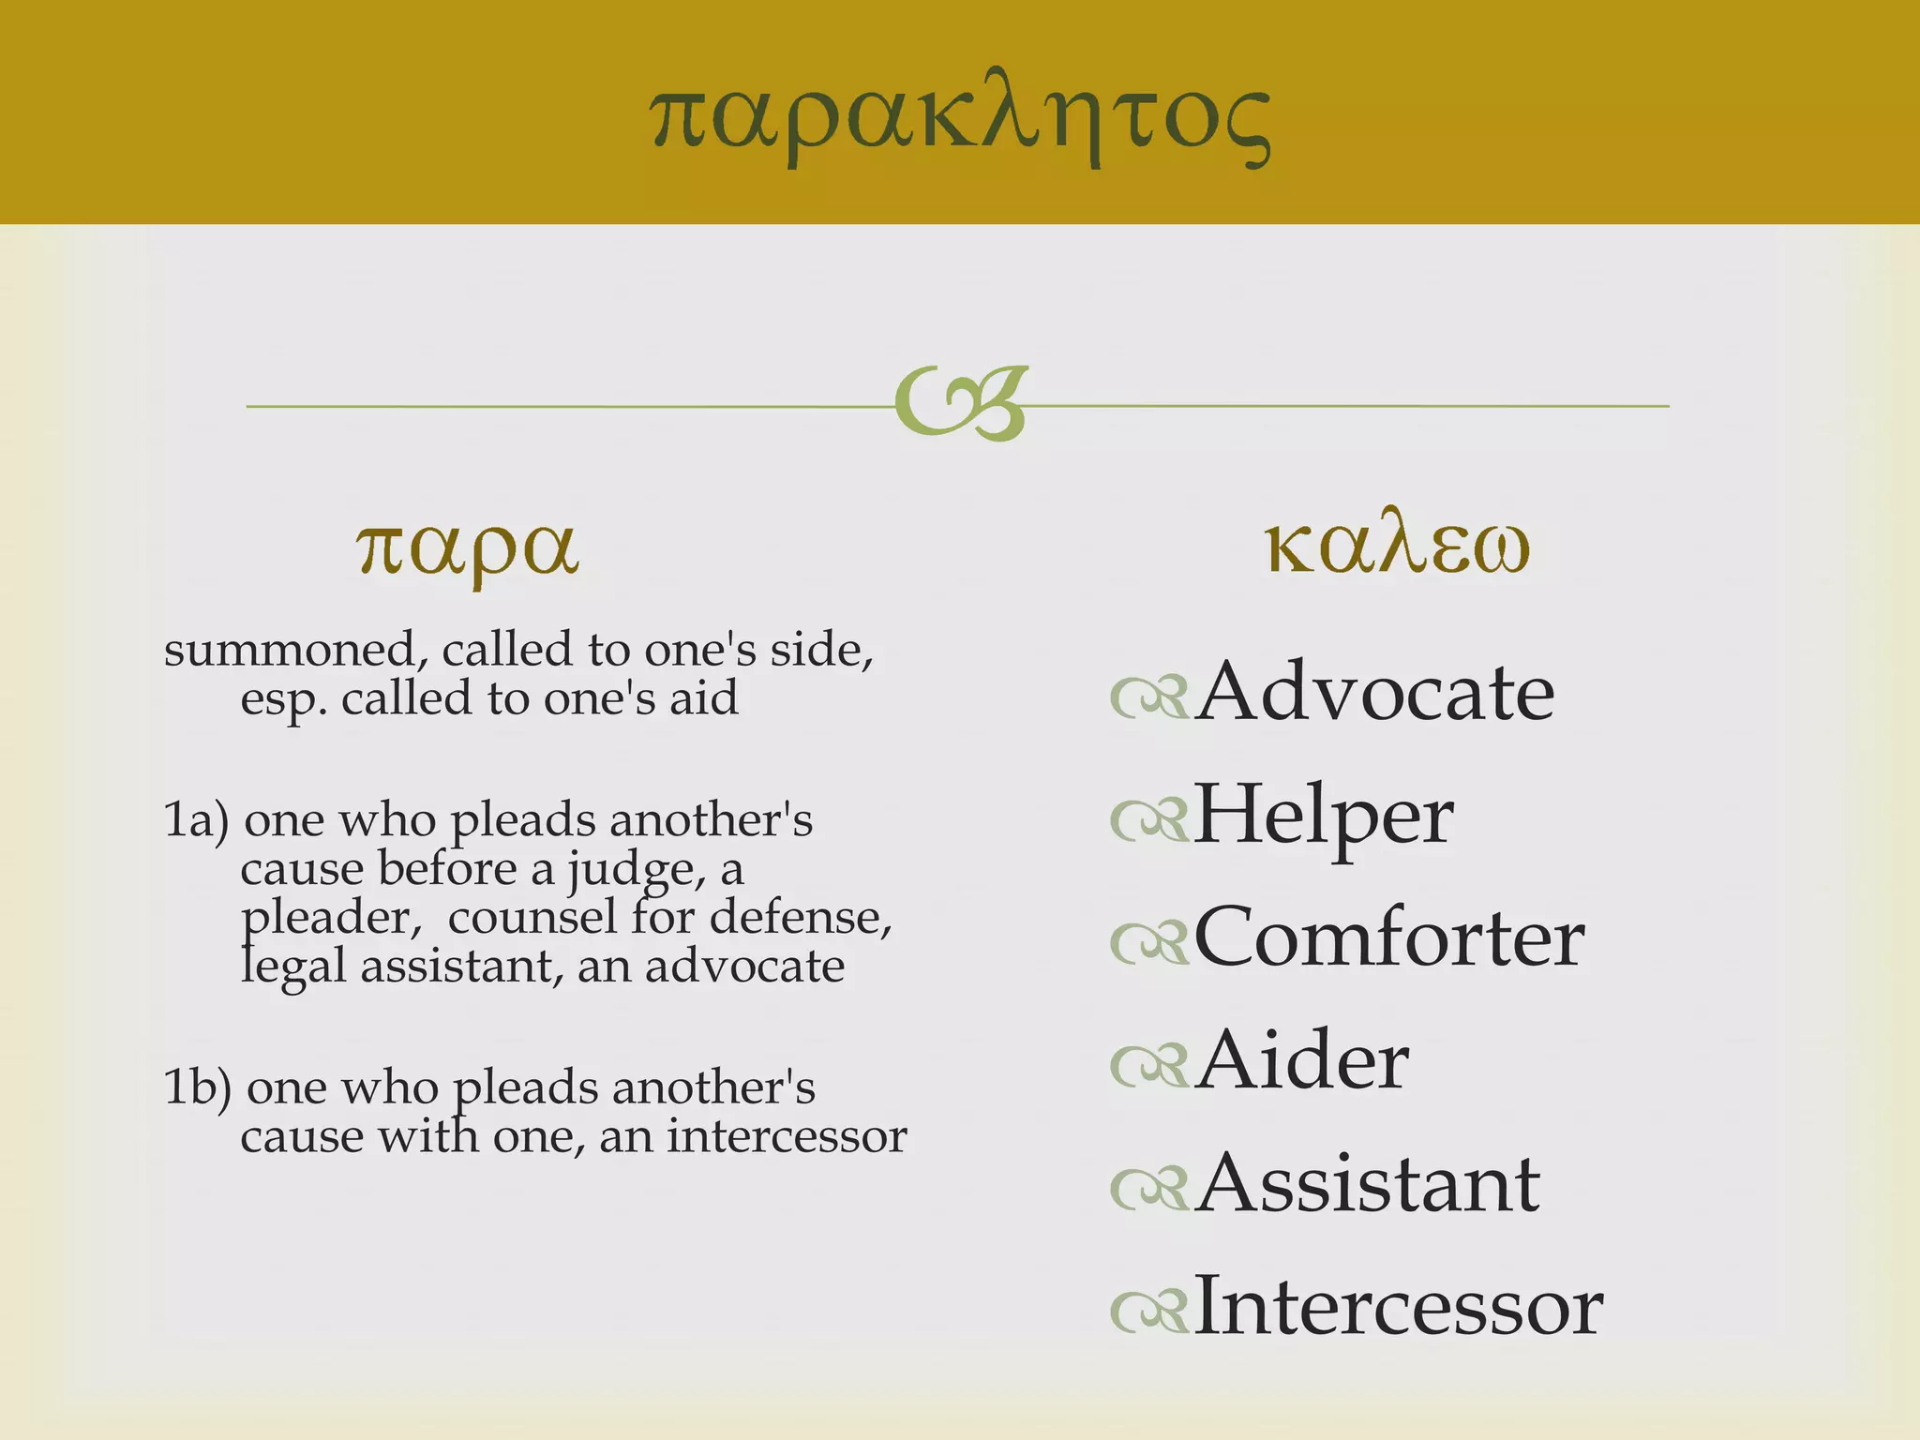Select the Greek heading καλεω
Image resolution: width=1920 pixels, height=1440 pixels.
point(1397,546)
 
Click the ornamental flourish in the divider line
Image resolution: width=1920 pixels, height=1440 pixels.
point(962,403)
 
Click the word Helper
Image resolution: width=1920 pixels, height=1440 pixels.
point(1324,816)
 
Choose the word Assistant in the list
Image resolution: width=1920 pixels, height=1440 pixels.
point(1368,1183)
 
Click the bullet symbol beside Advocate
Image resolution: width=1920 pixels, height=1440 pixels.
point(1149,697)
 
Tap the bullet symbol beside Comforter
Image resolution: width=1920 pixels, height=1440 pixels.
point(1149,943)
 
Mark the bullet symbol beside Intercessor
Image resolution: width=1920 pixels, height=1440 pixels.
point(1149,1312)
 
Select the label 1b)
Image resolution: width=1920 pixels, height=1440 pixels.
point(197,1087)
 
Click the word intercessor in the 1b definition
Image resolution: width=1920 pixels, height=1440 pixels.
point(787,1136)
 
